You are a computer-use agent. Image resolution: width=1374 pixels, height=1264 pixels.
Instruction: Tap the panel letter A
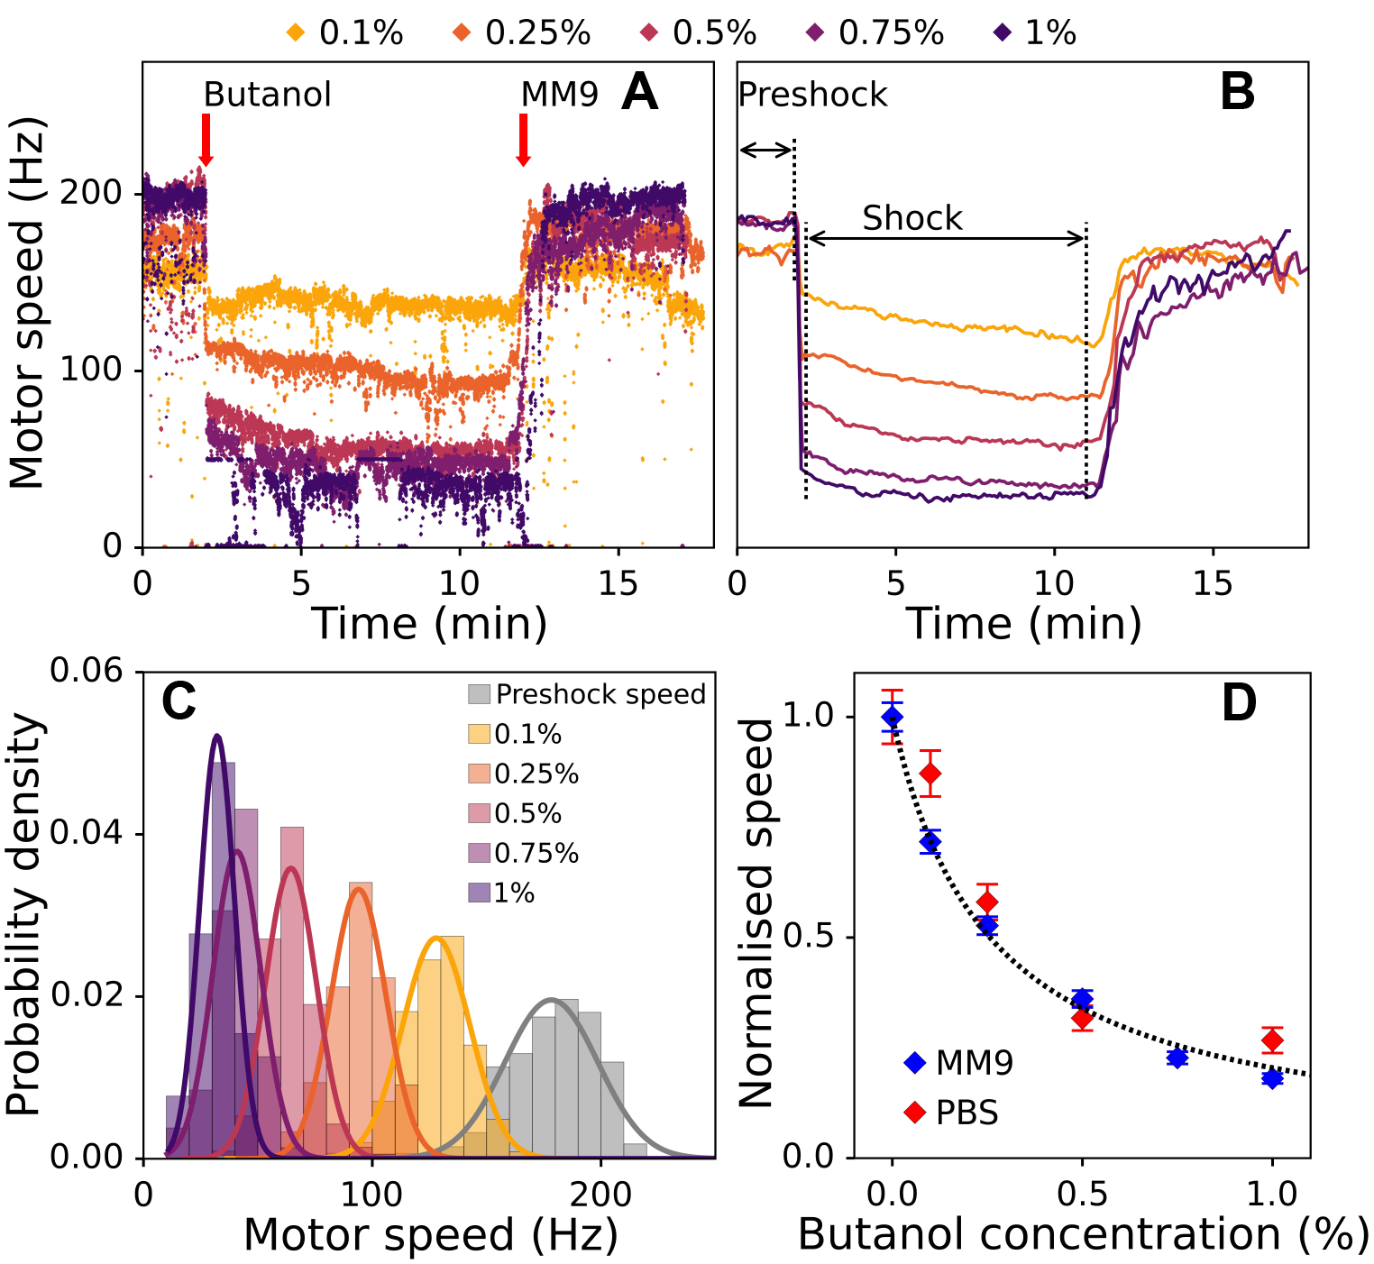tap(639, 93)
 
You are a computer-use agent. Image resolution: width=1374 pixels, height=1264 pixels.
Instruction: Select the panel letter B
tap(1237, 93)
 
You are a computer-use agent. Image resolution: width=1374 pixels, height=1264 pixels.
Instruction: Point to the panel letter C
tap(179, 702)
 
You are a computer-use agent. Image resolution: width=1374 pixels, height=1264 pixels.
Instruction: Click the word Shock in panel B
tap(911, 218)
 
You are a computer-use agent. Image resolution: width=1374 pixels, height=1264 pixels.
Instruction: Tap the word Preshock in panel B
tap(812, 95)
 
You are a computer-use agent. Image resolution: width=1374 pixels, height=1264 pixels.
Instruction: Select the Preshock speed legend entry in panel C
tap(586, 694)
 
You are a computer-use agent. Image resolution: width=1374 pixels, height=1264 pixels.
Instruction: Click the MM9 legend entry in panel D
tap(959, 1063)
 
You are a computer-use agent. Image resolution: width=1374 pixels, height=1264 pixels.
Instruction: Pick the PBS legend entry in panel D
tap(952, 1113)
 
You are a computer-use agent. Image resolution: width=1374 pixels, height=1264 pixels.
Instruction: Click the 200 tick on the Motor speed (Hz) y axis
tap(90, 193)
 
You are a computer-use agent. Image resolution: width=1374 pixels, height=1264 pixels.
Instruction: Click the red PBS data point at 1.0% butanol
tap(1272, 1040)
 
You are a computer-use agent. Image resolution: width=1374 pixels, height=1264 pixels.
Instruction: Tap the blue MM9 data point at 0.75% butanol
tap(1177, 1058)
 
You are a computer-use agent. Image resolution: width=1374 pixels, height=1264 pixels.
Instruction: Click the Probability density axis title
tap(24, 914)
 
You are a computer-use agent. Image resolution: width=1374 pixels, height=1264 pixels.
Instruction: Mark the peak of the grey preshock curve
tap(552, 1000)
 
